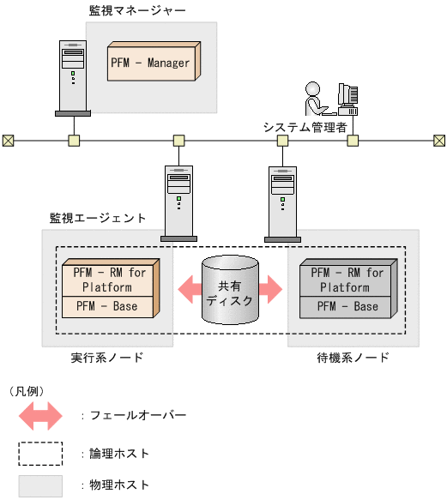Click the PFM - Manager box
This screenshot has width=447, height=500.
(151, 63)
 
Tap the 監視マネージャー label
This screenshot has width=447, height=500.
(137, 11)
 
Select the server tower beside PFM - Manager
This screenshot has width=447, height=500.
(72, 77)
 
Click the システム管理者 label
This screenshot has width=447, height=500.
(304, 126)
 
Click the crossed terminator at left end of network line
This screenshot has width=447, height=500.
(8, 140)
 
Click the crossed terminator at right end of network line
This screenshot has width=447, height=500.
(439, 140)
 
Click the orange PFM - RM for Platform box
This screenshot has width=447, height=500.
(108, 280)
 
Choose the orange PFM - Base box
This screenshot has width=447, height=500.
(108, 306)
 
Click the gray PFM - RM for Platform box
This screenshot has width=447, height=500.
(347, 280)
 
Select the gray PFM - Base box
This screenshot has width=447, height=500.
(347, 306)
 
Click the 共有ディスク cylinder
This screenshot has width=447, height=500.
(229, 292)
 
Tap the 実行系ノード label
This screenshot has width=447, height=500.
(107, 357)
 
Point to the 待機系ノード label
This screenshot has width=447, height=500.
(353, 357)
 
